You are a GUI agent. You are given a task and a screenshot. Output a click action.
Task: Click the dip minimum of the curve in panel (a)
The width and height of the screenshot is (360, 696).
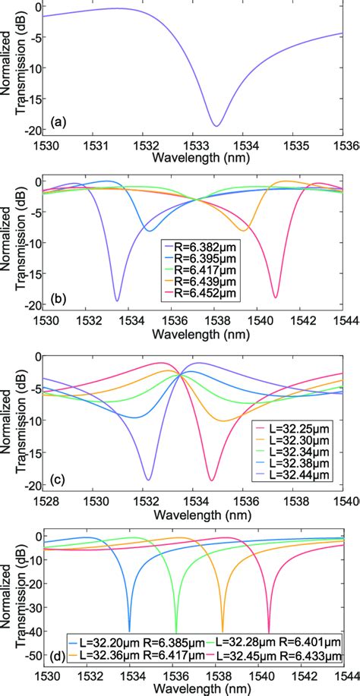click(216, 126)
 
